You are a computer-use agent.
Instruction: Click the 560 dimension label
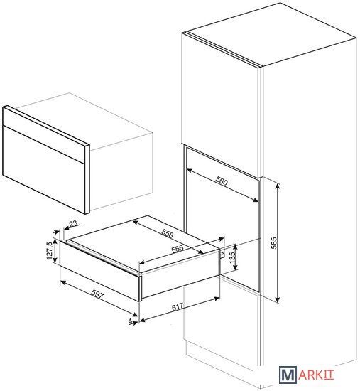[222, 181]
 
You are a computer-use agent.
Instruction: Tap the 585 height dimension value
[274, 243]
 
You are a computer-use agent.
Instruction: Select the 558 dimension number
[168, 233]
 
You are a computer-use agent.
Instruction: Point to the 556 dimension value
[178, 249]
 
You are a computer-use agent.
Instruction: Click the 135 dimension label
[232, 258]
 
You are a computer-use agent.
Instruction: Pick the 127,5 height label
[50, 251]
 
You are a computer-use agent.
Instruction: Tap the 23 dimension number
[73, 224]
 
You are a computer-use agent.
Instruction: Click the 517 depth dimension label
[178, 306]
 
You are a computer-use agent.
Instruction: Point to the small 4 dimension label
[131, 321]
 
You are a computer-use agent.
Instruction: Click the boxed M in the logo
[288, 375]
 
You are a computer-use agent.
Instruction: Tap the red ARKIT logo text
[316, 375]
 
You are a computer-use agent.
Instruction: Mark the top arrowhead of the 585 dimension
[278, 186]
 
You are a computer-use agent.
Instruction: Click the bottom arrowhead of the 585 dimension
[278, 300]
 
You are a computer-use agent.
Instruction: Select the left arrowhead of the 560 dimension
[189, 171]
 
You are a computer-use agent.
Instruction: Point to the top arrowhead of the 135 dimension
[235, 247]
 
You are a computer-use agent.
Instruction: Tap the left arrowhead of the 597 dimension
[62, 282]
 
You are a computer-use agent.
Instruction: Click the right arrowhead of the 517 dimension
[217, 299]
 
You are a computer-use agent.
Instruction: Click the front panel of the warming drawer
[99, 270]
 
